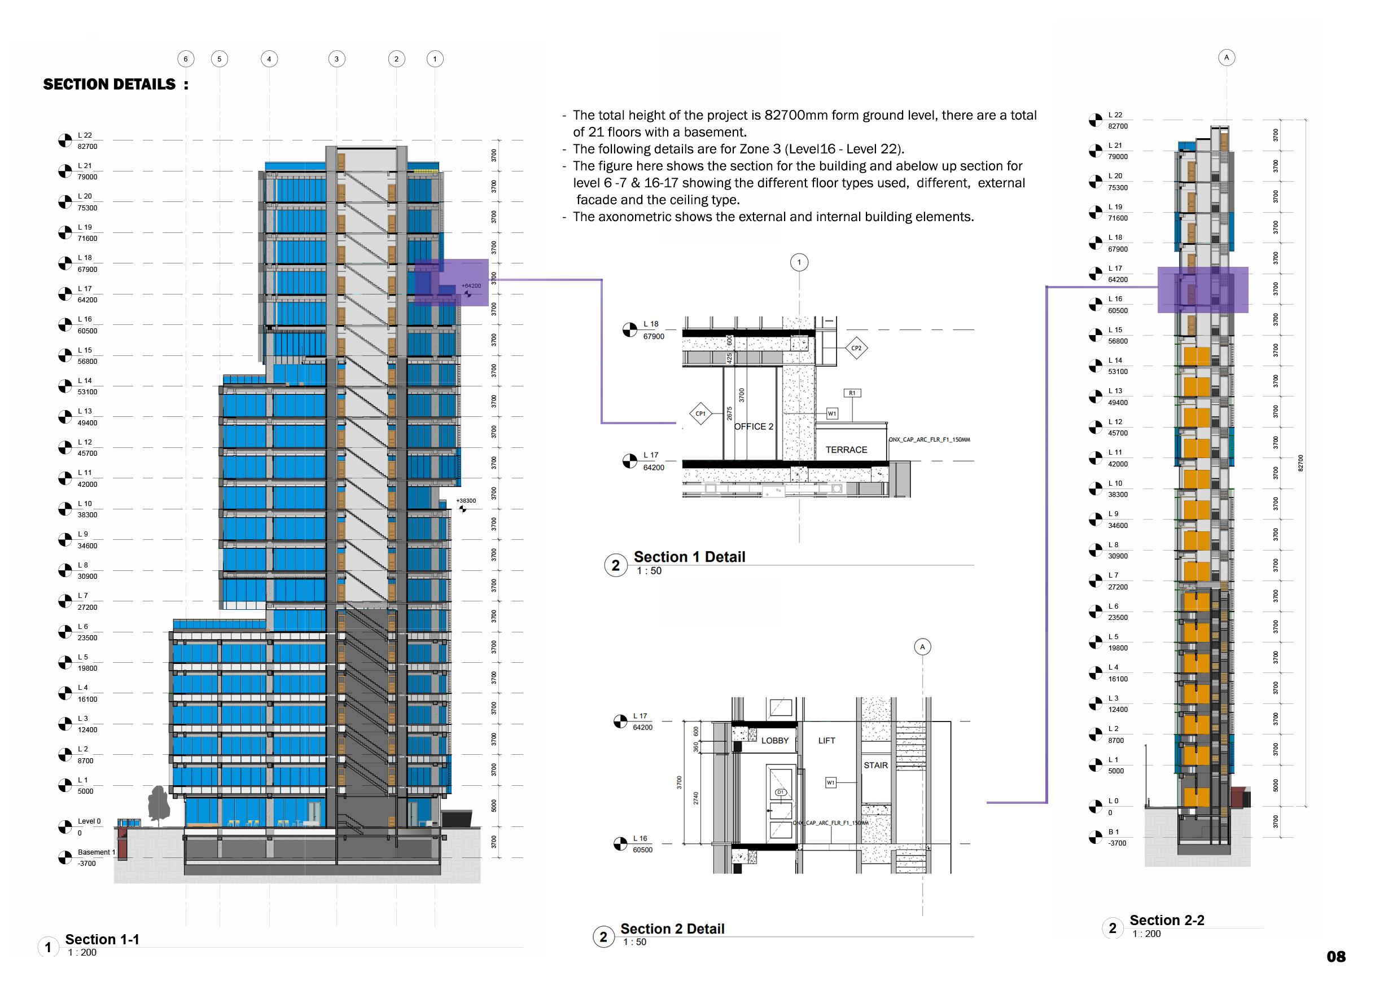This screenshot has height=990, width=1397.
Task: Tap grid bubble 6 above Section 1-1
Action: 186,59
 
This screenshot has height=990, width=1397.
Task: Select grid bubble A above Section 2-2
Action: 1226,58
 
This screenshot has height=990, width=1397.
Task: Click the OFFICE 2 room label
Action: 754,426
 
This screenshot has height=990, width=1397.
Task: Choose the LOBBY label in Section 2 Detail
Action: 775,741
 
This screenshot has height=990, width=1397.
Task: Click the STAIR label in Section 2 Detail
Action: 875,765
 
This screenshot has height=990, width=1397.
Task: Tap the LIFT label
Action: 826,741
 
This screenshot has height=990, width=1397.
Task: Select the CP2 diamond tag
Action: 856,348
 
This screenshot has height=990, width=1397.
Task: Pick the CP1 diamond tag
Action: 700,414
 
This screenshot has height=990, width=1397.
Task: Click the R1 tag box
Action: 852,393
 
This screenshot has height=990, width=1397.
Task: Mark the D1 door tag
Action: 780,793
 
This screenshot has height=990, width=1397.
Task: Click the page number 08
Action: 1335,957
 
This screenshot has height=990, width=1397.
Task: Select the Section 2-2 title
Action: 1166,920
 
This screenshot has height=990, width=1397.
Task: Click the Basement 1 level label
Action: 96,852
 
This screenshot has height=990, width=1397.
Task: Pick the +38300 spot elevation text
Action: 466,501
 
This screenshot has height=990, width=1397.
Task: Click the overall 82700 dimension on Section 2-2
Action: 1300,463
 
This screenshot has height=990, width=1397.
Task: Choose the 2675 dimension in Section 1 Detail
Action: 729,413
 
